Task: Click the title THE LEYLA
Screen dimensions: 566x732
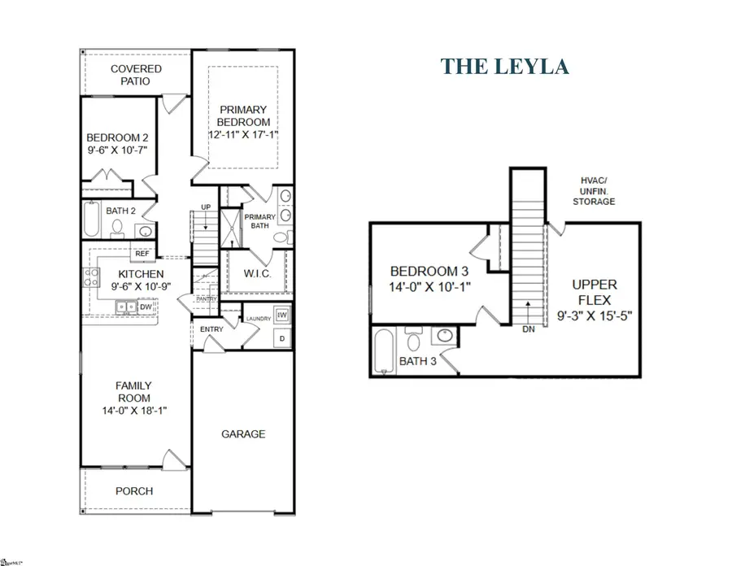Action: [504, 67]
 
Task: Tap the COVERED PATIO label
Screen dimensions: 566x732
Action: [136, 76]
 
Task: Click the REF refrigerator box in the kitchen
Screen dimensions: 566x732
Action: [142, 253]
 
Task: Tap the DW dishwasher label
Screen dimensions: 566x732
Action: [145, 307]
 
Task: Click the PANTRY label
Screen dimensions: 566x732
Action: [205, 299]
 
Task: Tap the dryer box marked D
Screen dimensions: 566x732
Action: [282, 337]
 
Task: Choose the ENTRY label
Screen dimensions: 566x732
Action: [211, 329]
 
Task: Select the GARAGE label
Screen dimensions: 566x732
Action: [243, 434]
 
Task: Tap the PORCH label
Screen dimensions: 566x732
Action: [134, 491]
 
